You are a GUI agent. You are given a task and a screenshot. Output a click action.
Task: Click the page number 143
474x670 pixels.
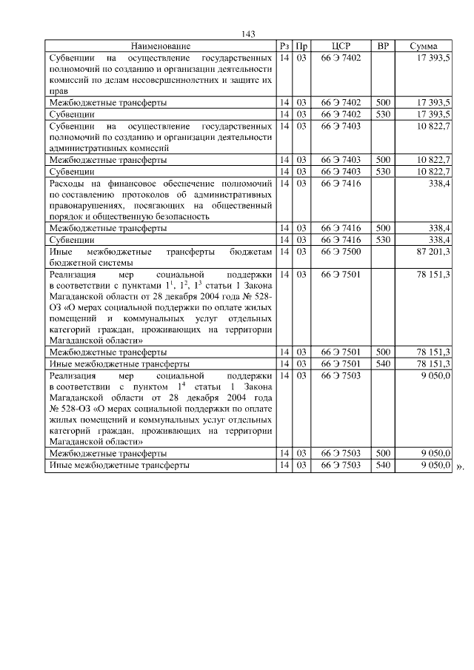pos(248,35)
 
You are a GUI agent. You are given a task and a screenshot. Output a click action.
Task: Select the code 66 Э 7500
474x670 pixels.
pos(341,252)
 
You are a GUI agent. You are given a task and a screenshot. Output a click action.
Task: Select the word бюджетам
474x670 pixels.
pos(250,252)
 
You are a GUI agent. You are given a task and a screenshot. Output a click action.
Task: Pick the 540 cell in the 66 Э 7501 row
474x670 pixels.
pos(383,364)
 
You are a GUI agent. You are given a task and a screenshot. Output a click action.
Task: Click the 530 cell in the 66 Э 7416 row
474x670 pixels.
pos(383,241)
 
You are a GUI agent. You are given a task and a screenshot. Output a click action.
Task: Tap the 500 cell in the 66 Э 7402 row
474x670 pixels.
pos(383,103)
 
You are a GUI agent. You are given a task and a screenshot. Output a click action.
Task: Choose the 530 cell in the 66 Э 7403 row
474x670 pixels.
pos(383,172)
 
